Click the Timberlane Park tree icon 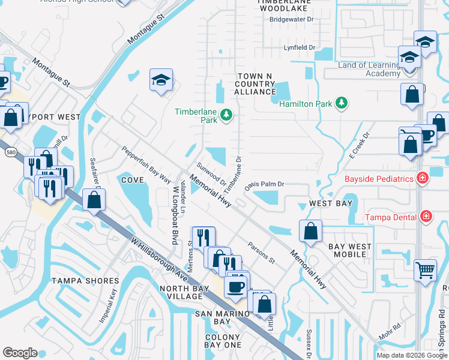coord(226,114)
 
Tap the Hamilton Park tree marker coord(342,103)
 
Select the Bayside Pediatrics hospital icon coord(423,178)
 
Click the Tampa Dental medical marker coord(426,216)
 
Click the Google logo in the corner coord(20,353)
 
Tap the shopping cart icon coord(425,271)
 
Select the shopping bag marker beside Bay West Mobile coord(310,231)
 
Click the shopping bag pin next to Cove coord(94,200)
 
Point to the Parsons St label coord(261,253)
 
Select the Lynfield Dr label coord(300,47)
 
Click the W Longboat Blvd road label coord(175,214)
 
